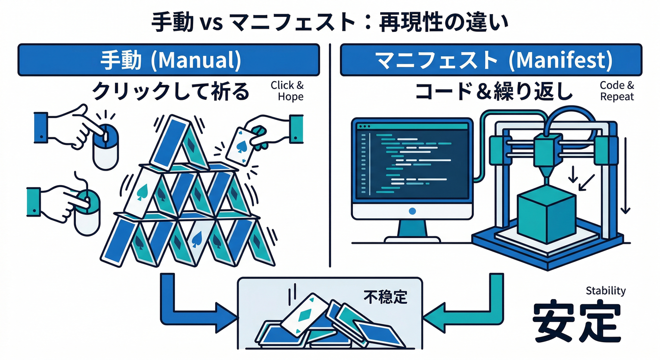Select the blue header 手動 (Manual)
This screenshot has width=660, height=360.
coord(169,60)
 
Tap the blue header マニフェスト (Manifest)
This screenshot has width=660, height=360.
coord(490,60)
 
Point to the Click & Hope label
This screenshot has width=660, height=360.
coord(287,91)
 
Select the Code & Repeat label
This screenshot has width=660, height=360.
coord(616,91)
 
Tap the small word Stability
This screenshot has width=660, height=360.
coord(606,291)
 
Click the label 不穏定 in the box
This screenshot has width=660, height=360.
coord(385,297)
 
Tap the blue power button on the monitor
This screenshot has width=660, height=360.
coord(412,211)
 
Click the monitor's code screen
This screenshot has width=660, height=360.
coord(412,162)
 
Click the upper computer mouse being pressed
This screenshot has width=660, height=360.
coord(105,145)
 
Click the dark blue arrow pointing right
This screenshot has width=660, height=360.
coord(197,305)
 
